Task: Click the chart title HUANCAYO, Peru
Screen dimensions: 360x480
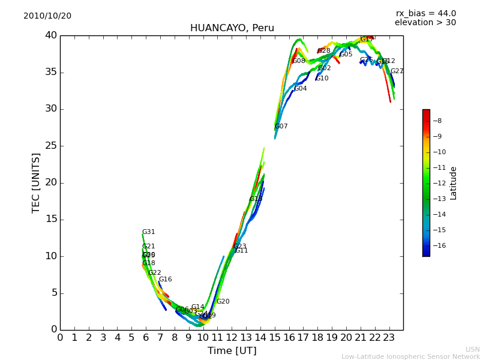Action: (232, 28)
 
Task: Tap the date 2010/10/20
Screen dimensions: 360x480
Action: (47, 16)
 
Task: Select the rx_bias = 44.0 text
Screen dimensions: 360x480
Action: (425, 13)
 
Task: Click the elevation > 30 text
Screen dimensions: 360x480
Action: (425, 22)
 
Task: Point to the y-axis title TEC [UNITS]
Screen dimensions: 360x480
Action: (36, 182)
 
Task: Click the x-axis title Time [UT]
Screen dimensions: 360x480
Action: (232, 351)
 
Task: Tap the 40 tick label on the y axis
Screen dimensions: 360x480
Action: (50, 35)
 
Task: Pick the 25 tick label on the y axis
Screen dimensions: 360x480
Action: (50, 146)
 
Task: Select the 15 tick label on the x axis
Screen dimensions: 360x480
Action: (275, 338)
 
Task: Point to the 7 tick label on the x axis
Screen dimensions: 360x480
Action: (160, 338)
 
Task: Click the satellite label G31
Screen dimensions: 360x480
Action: (148, 232)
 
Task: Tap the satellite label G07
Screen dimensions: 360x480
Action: (281, 127)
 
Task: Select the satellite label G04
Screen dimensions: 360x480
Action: (300, 89)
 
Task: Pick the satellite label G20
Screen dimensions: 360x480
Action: (223, 302)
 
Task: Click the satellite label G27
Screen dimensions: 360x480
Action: (397, 71)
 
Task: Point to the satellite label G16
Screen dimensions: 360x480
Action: (165, 280)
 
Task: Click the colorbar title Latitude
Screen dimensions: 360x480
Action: (454, 183)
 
